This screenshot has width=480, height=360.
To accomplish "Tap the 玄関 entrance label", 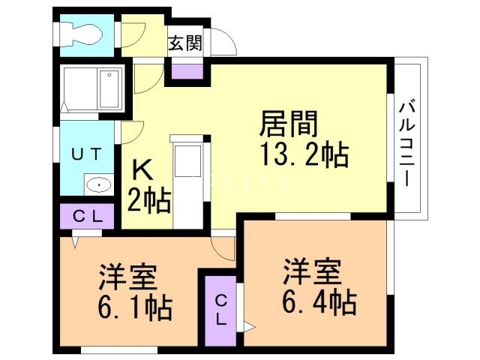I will pos(184,43).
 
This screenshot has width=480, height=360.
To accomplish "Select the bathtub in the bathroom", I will pos(91,88).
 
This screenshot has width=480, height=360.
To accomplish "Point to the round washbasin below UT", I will pos(97,184).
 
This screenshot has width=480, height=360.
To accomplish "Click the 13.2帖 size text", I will pos(302,155).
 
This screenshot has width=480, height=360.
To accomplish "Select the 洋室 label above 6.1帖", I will pos(127,277).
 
